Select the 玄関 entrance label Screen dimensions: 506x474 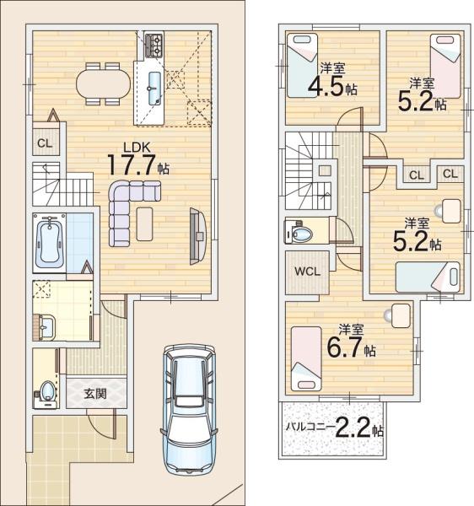tap(94, 393)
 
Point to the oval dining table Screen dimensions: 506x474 tap(104, 84)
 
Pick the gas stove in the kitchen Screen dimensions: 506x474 tap(154, 43)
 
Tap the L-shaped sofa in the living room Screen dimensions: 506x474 tap(122, 207)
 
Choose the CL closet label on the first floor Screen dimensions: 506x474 tap(44, 143)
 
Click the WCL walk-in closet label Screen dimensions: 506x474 tap(306, 272)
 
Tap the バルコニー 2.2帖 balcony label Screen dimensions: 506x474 tap(334, 428)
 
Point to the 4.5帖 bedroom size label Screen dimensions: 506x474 tap(333, 85)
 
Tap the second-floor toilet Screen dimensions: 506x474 tap(301, 230)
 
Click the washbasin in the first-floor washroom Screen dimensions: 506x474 tap(44, 326)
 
